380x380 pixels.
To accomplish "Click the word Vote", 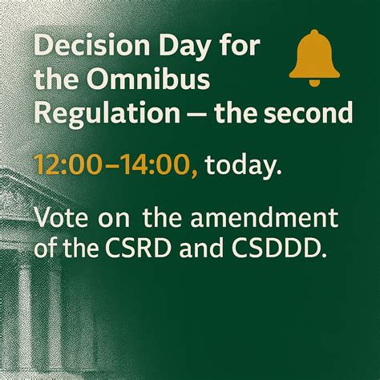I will [x=59, y=218].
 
